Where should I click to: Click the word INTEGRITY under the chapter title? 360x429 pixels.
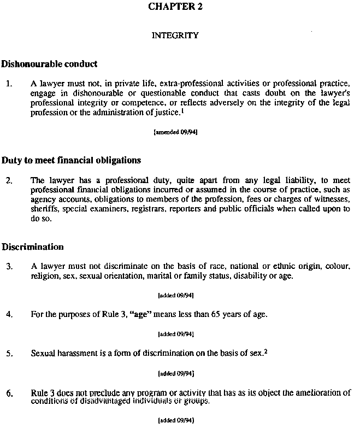(x=175, y=36)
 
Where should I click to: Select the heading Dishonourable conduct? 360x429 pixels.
(x=50, y=64)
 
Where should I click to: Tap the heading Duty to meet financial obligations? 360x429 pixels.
(x=72, y=160)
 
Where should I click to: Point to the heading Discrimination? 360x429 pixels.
(x=33, y=246)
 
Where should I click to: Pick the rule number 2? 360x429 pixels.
(x=9, y=180)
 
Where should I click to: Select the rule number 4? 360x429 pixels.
(x=9, y=314)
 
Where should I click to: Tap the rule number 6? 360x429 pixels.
(x=9, y=393)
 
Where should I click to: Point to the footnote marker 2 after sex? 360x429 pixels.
(x=265, y=351)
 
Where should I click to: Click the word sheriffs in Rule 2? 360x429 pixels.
(x=44, y=209)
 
